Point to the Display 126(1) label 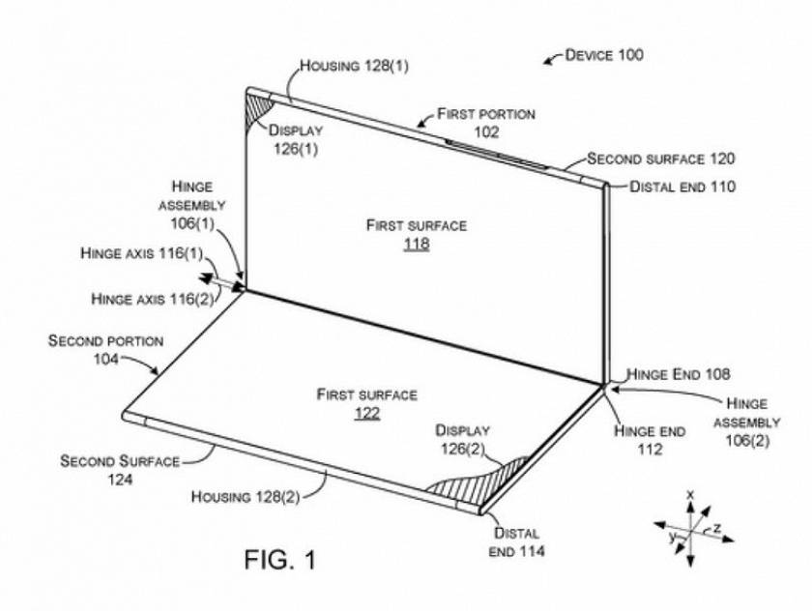296,139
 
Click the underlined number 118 417,245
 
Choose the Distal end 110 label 682,187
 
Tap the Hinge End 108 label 678,374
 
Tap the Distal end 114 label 516,542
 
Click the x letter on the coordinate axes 690,494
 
